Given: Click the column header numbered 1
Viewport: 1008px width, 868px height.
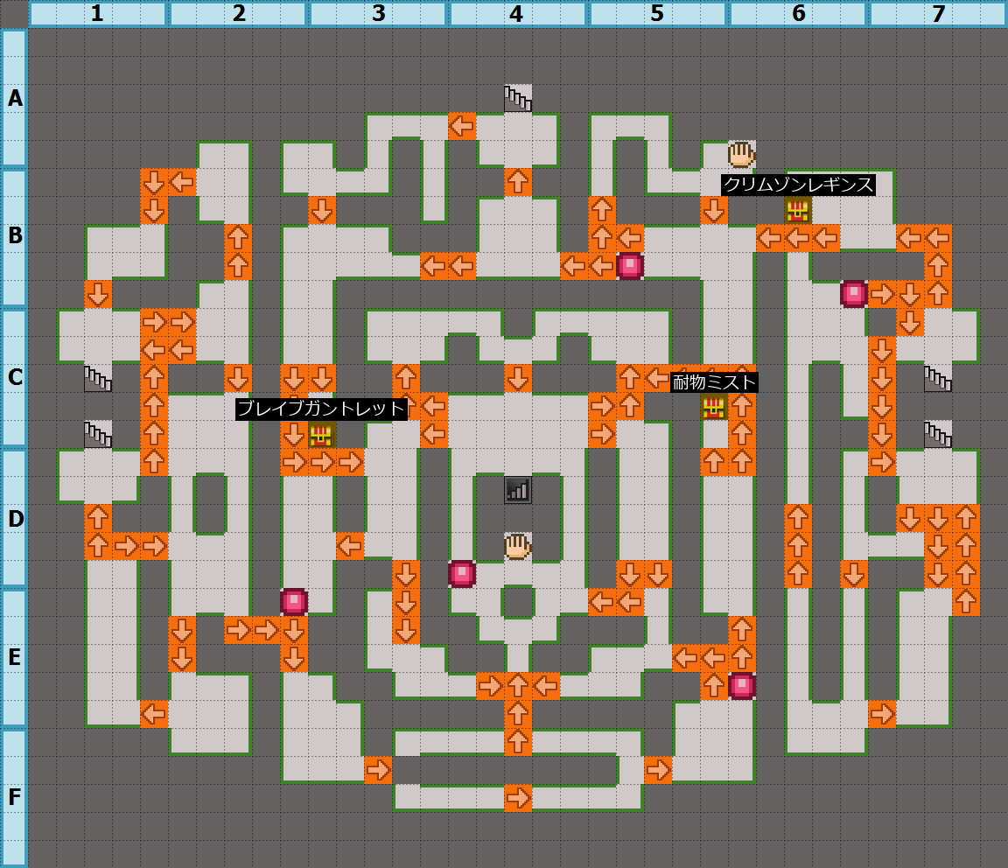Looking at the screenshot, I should (97, 14).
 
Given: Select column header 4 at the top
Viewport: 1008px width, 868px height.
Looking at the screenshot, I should (517, 14).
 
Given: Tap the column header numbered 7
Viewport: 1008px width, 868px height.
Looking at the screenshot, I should (937, 14).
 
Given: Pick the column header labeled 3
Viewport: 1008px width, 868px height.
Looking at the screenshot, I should (377, 14).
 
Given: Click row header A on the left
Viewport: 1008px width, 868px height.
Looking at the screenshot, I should (14, 98).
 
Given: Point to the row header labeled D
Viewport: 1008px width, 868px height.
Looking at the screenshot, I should (14, 518).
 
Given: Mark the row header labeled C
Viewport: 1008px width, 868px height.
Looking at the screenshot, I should (14, 378).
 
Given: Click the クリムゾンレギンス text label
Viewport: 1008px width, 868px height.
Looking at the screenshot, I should (798, 185).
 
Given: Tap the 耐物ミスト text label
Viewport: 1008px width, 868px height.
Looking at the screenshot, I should (714, 382).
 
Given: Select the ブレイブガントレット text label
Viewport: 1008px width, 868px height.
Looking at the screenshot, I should (322, 409).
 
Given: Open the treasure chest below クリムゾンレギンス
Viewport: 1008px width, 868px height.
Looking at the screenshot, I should (797, 210).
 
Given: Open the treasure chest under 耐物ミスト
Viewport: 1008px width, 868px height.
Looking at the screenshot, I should (714, 407).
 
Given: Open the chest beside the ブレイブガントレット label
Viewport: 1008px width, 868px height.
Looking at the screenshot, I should (321, 435).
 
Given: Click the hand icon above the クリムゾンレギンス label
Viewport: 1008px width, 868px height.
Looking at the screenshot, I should (741, 154).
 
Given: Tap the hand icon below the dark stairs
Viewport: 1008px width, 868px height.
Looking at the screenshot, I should (517, 546).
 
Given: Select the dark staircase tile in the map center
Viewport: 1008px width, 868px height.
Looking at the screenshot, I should (517, 490).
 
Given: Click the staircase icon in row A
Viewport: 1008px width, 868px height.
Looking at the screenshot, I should (517, 98).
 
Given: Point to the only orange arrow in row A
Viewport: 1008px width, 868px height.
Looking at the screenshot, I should (461, 126).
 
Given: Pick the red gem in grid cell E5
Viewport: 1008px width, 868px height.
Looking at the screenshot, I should (742, 686).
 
